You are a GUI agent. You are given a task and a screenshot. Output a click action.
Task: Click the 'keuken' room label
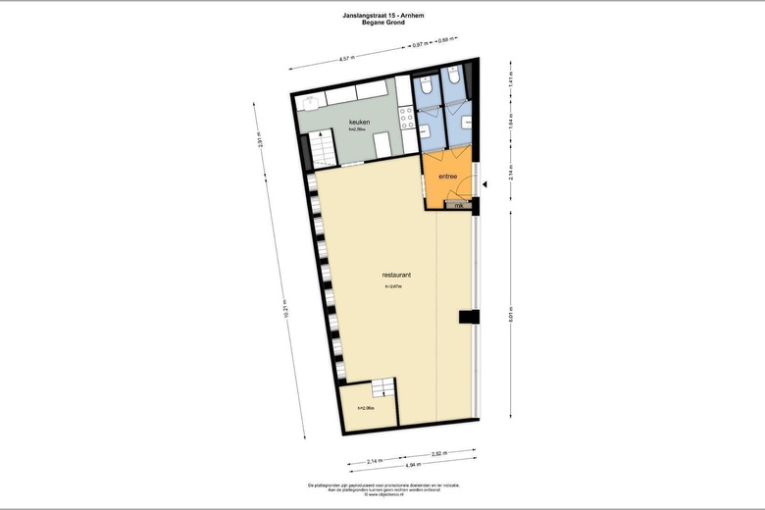[359, 122]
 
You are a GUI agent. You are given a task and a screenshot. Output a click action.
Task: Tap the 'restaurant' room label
[396, 276]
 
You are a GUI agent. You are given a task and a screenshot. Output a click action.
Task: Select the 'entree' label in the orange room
[448, 177]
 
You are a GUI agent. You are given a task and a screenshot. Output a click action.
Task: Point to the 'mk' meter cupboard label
[457, 205]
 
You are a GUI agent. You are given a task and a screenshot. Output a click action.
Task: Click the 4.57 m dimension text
[345, 59]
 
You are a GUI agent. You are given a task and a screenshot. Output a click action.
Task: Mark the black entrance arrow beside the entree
[484, 183]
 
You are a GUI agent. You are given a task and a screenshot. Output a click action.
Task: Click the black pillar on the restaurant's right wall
[468, 317]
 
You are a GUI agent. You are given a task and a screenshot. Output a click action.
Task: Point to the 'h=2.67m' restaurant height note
[396, 286]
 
